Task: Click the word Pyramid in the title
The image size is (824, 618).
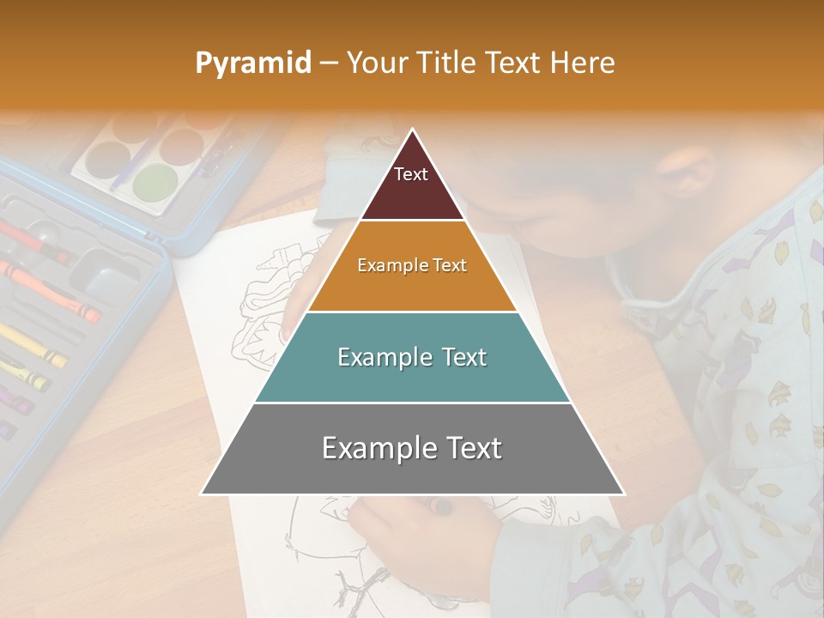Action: (x=252, y=64)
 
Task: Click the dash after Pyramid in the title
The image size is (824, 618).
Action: (x=328, y=64)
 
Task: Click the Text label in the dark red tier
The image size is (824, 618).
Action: (x=411, y=174)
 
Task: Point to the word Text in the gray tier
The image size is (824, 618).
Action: (x=471, y=448)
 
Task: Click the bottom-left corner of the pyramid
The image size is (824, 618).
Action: (x=202, y=494)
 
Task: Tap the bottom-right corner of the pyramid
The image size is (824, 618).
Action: (x=624, y=494)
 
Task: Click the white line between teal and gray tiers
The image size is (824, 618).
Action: (x=413, y=403)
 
